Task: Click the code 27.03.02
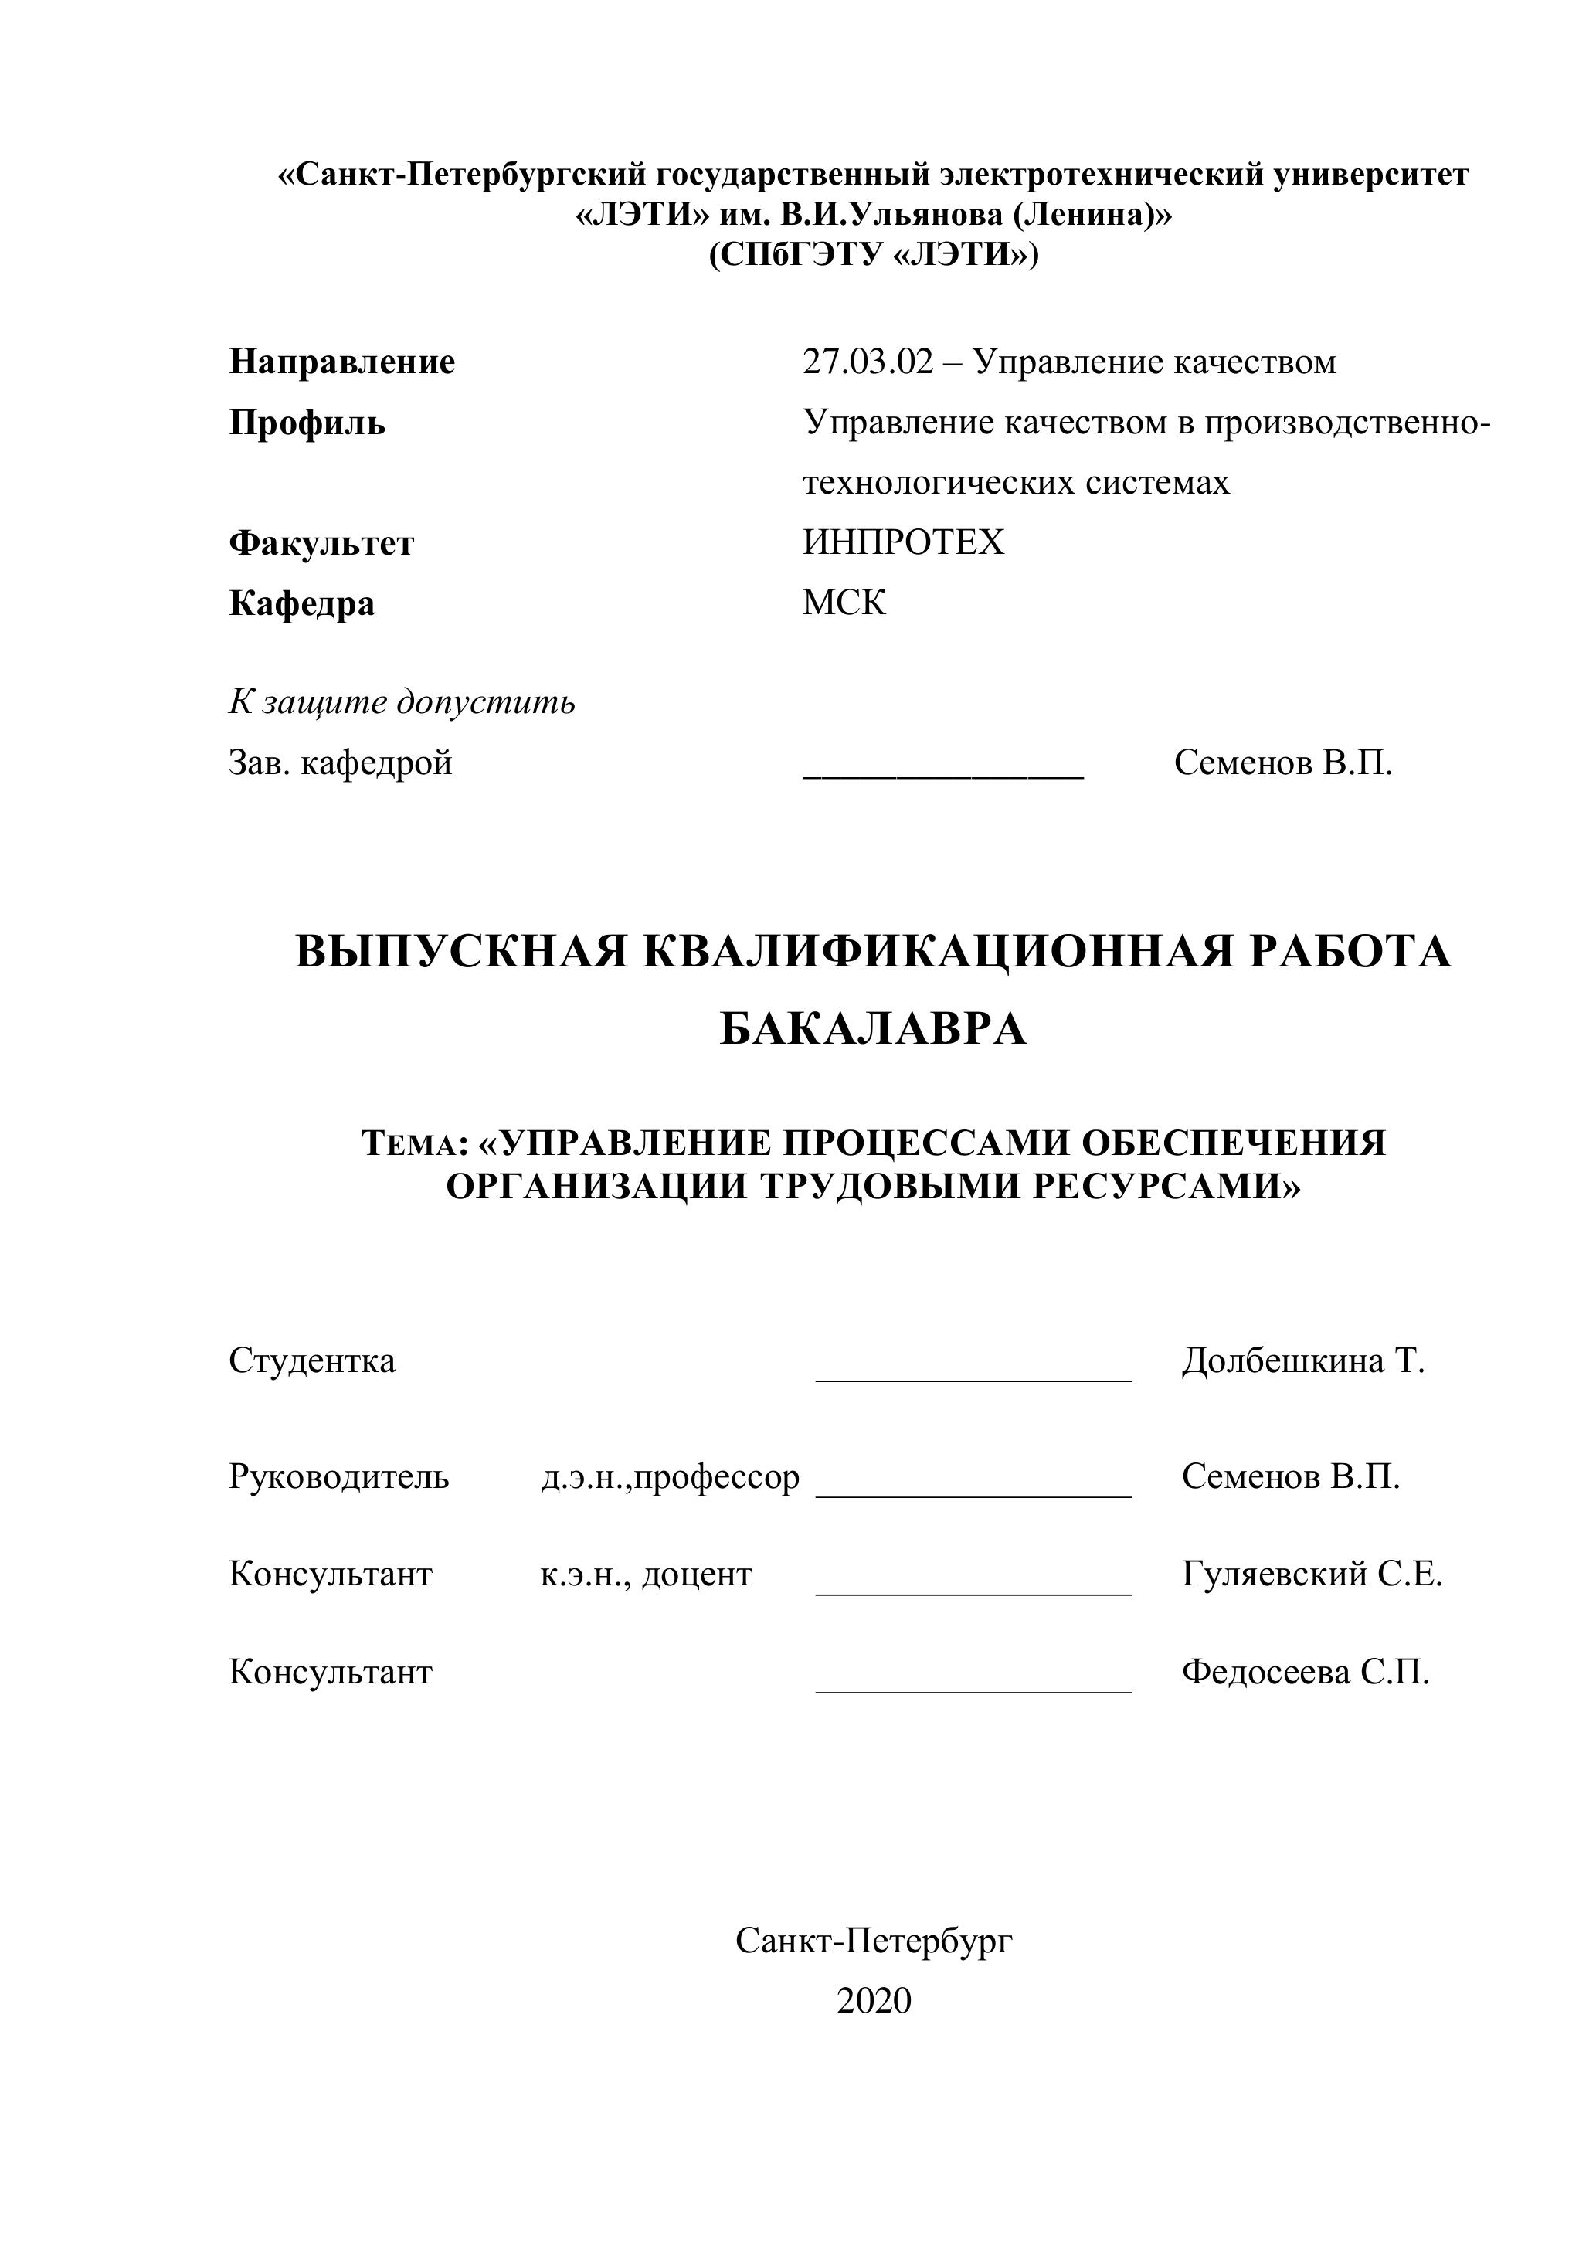(x=867, y=362)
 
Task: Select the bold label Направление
(x=342, y=362)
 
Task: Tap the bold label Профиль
(x=307, y=423)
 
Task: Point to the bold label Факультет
(x=322, y=543)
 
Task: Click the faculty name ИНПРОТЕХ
(x=903, y=543)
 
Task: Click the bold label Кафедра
(x=302, y=603)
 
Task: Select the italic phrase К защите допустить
(x=402, y=702)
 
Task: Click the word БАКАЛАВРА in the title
(x=874, y=1030)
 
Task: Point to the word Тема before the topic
(x=410, y=1144)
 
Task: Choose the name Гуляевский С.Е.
(x=1312, y=1575)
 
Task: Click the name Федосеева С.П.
(x=1305, y=1673)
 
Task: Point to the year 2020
(x=874, y=2001)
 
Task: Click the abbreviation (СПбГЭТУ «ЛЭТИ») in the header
(x=874, y=255)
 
